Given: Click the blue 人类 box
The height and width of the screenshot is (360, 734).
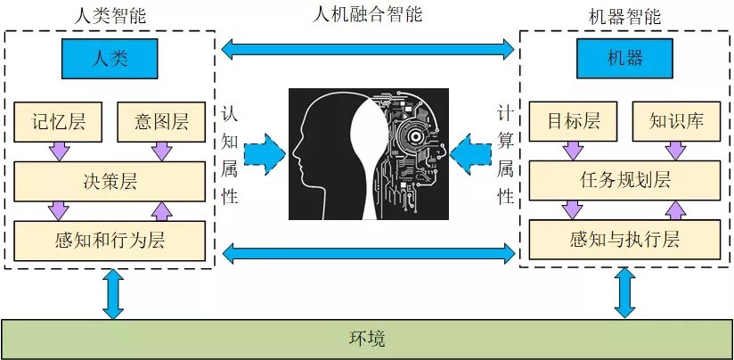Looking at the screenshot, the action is [x=110, y=59].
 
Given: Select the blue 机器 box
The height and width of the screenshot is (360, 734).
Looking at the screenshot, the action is [x=623, y=59].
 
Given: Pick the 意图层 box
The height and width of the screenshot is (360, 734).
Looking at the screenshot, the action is [x=162, y=123].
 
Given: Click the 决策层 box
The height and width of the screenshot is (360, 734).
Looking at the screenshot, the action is [x=110, y=182].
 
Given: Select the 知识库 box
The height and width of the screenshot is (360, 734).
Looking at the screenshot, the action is [x=674, y=123].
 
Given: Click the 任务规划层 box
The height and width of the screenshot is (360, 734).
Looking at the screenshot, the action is [x=624, y=182].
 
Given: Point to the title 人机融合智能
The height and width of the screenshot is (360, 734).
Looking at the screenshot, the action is [x=367, y=13].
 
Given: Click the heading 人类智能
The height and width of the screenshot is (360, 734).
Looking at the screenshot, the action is [x=110, y=14].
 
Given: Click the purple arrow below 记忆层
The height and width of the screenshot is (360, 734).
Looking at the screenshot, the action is [x=59, y=152].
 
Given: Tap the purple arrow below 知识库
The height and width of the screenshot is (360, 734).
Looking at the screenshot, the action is [x=674, y=152].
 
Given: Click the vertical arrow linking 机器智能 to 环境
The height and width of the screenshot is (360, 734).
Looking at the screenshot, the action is [x=624, y=292].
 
